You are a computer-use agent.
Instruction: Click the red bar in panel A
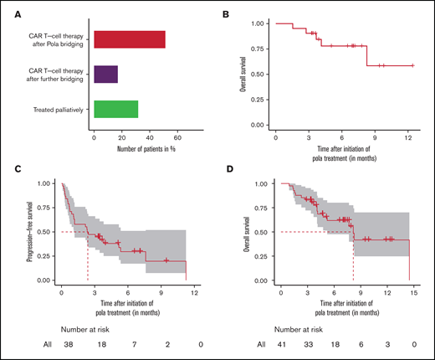130,39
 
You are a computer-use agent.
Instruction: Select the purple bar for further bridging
105,75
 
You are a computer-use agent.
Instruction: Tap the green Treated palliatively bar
115,110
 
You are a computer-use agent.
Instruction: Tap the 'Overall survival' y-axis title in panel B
243,74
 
